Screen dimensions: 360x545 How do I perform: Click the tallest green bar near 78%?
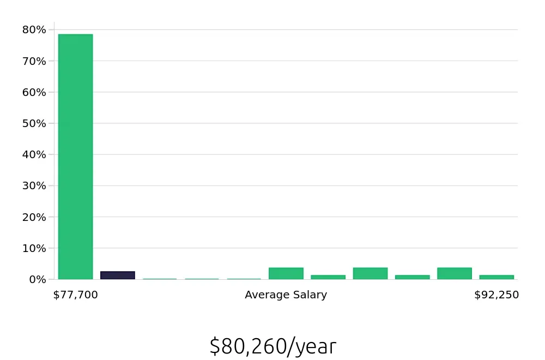[75, 157]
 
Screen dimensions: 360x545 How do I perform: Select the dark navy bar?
[117, 275]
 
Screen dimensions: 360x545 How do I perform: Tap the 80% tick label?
[34, 29]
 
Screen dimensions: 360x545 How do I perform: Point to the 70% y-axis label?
[34, 61]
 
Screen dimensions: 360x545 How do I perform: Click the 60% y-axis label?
[34, 92]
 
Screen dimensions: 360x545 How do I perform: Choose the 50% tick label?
[34, 123]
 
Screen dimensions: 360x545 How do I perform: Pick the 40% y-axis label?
[34, 154]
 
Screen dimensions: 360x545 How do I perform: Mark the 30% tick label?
[34, 185]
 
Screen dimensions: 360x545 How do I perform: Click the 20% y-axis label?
[34, 217]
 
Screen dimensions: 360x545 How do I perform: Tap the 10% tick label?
[34, 248]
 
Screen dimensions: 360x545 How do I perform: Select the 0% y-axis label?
[37, 279]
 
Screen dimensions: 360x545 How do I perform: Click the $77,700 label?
[75, 295]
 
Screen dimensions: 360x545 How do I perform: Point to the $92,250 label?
[496, 295]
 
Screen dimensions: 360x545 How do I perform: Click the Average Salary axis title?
[286, 295]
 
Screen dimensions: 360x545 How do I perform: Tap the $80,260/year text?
[272, 346]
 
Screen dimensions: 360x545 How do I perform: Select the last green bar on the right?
[496, 277]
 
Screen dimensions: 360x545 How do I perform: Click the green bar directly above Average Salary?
[286, 273]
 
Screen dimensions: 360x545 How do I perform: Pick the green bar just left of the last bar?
[454, 273]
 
